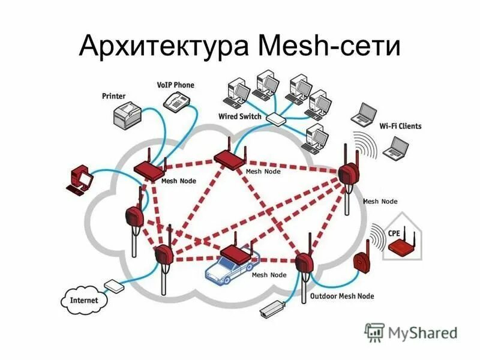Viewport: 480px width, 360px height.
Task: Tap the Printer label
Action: coord(113,95)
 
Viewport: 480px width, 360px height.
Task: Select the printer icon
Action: coord(131,114)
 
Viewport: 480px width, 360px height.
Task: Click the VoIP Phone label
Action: coord(175,85)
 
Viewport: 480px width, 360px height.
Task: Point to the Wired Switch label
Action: coord(240,116)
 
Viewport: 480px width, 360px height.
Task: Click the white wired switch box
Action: coord(276,119)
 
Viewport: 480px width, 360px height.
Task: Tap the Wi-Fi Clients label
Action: coord(401,126)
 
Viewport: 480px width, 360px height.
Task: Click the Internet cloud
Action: coord(83,298)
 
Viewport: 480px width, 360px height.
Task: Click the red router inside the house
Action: coord(401,247)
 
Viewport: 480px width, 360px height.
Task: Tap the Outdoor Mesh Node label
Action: coord(342,296)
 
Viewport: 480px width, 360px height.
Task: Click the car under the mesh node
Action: coord(230,269)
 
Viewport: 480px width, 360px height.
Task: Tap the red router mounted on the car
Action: coord(238,254)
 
